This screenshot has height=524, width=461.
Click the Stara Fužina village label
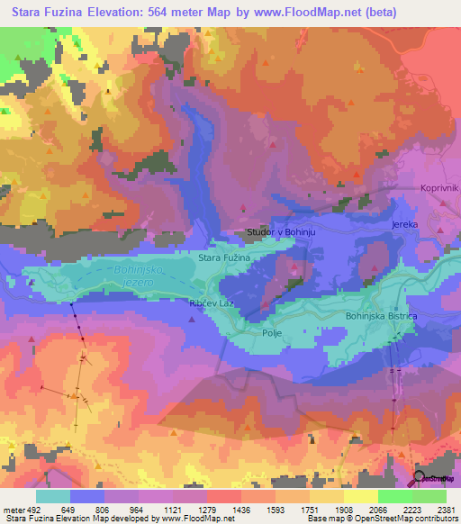[x=223, y=258]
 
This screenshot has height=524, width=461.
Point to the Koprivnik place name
[x=439, y=187]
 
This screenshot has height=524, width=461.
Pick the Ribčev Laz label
[x=212, y=304]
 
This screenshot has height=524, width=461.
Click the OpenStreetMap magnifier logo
[x=420, y=477]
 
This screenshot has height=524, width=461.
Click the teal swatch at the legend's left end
[x=53, y=496]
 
